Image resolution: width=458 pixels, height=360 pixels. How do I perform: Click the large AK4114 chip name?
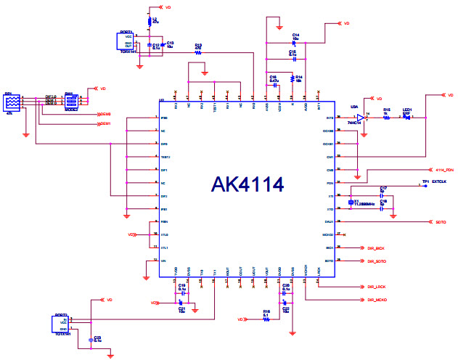pyautogui.click(x=247, y=184)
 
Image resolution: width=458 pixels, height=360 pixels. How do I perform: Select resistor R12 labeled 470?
pyautogui.click(x=197, y=52)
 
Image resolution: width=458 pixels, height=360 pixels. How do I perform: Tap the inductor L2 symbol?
pyautogui.click(x=150, y=22)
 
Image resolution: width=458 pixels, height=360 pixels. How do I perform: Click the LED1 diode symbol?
pyautogui.click(x=408, y=118)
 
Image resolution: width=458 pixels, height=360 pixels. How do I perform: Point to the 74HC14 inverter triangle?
pyautogui.click(x=360, y=118)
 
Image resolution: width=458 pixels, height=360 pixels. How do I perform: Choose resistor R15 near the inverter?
pyautogui.click(x=387, y=118)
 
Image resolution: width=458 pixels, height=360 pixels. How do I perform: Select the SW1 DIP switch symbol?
pyautogui.click(x=71, y=102)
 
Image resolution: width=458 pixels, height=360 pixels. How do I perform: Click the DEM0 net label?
pyautogui.click(x=105, y=114)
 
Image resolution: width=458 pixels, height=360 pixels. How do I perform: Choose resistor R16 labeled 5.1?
pyautogui.click(x=266, y=319)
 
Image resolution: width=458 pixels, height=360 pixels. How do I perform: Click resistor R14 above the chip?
pyautogui.click(x=293, y=78)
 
